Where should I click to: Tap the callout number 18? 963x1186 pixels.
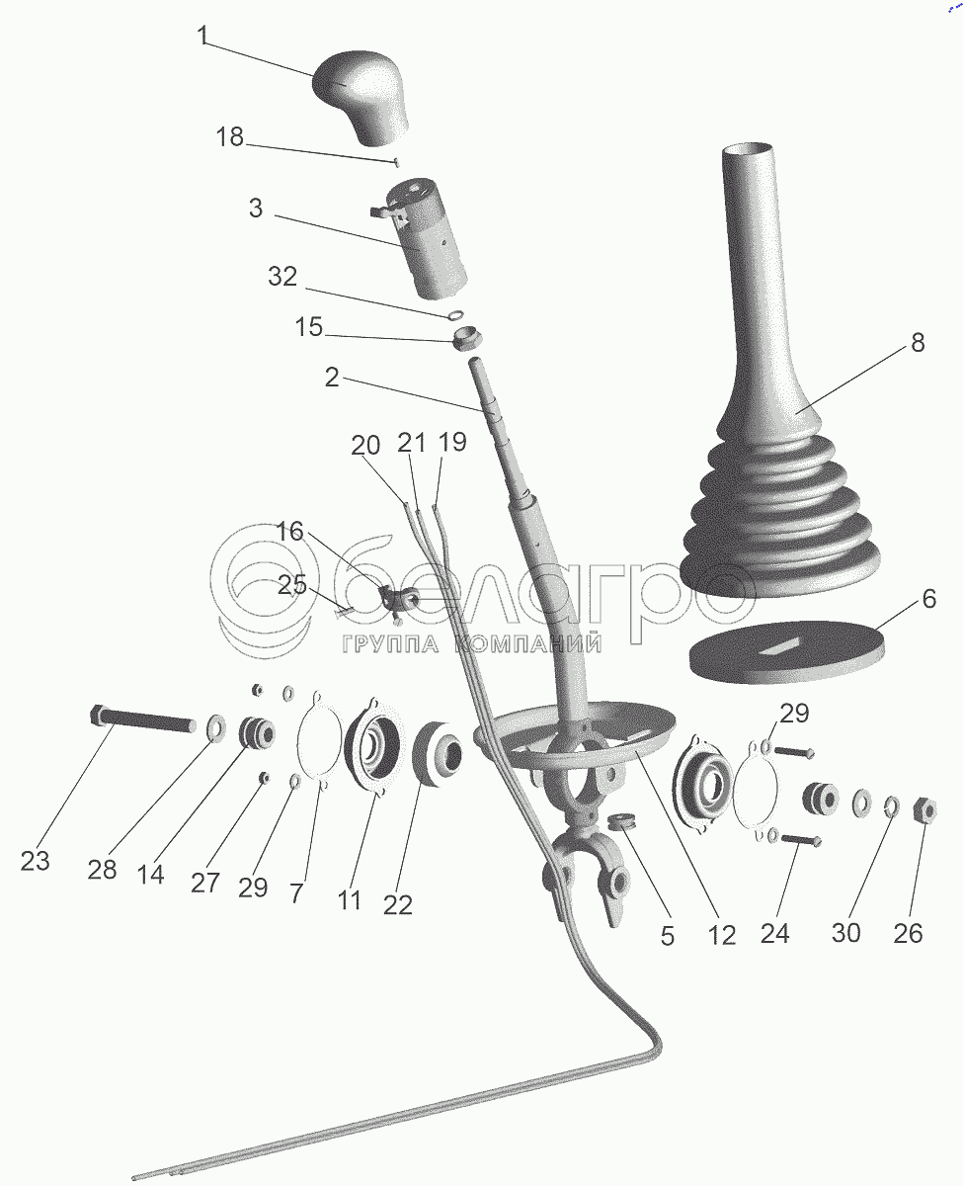pyautogui.click(x=229, y=136)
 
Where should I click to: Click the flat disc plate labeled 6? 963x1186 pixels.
pyautogui.click(x=783, y=652)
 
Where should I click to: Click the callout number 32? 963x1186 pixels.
pyautogui.click(x=282, y=278)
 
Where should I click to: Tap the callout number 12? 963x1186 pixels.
pyautogui.click(x=722, y=935)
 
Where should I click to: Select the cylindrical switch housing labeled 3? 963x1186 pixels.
pyautogui.click(x=428, y=237)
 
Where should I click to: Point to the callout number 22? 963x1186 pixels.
pyautogui.click(x=397, y=903)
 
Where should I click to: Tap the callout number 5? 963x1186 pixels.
pyautogui.click(x=668, y=935)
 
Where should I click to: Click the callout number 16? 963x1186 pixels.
pyautogui.click(x=289, y=531)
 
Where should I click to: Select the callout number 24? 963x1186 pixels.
pyautogui.click(x=774, y=931)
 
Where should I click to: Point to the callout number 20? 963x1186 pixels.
pyautogui.click(x=364, y=446)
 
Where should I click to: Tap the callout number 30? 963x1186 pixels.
pyautogui.click(x=845, y=931)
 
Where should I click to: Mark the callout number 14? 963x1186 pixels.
pyautogui.click(x=151, y=874)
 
